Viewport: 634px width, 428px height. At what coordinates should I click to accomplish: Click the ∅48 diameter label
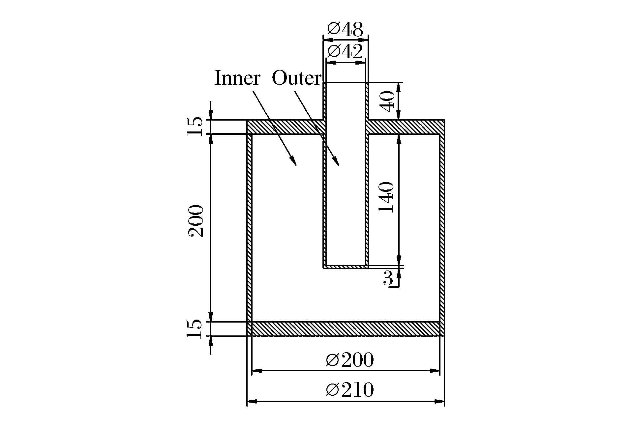(x=345, y=30)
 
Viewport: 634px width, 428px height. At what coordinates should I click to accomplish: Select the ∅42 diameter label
(x=345, y=52)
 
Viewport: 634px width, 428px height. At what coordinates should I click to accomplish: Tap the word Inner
(x=237, y=78)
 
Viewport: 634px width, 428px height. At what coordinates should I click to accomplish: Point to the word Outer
(x=296, y=78)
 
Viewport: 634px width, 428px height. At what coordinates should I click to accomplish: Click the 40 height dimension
(x=386, y=101)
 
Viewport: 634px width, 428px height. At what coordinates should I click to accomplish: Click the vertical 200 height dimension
(x=196, y=221)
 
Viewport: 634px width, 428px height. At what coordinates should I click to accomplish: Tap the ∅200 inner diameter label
(x=350, y=360)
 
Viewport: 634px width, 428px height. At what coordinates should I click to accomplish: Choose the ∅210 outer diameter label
(x=350, y=390)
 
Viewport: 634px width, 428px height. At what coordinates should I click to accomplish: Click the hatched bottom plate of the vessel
(x=346, y=329)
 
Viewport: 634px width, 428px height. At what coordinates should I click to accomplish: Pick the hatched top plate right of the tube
(x=406, y=127)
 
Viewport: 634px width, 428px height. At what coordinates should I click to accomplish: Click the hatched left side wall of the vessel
(x=250, y=228)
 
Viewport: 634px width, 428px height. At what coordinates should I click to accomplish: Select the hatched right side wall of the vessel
(x=442, y=228)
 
